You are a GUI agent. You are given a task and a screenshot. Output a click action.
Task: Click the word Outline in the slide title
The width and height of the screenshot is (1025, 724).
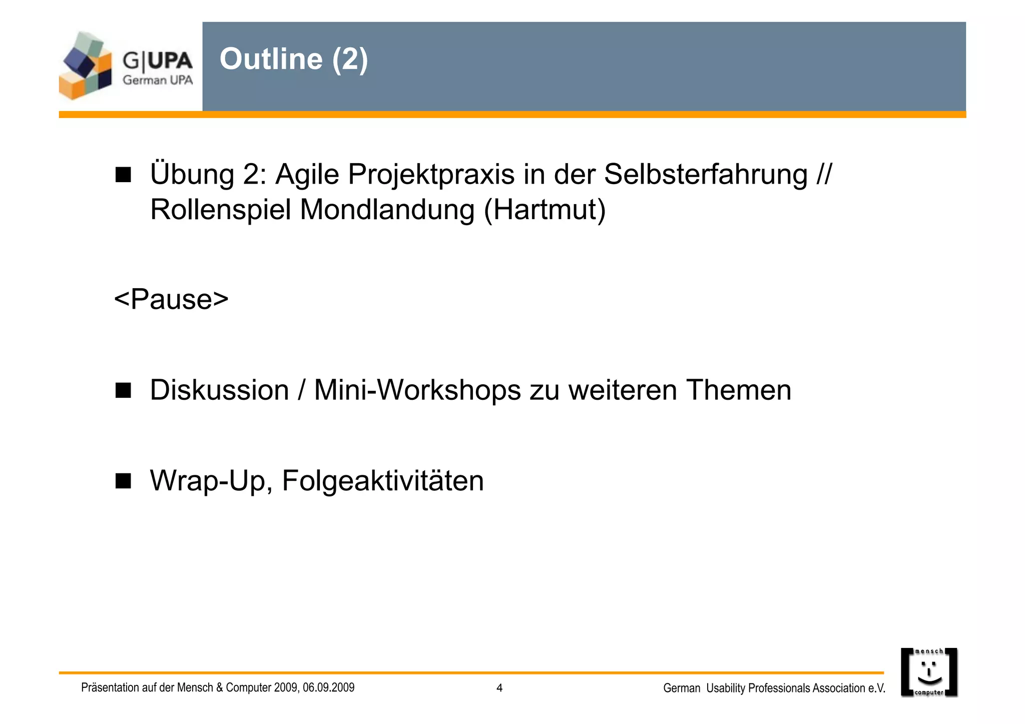pos(271,59)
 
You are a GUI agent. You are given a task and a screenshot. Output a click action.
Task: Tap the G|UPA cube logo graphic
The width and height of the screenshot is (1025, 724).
pos(86,66)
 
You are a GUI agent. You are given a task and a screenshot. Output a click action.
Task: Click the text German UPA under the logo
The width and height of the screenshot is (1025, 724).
pos(158,80)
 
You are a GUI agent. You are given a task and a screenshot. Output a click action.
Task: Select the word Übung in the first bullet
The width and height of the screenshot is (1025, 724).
pos(192,175)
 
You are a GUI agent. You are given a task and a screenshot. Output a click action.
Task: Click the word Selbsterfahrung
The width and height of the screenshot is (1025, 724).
pos(706,175)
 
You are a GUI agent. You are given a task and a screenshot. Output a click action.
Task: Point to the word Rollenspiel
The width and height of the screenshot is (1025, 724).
pos(220,210)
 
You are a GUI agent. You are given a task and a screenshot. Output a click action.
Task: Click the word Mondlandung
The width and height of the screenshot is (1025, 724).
pos(387,210)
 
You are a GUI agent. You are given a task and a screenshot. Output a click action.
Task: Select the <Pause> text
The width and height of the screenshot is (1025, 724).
pos(171,299)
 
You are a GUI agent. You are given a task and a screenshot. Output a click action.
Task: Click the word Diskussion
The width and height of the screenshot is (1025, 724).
pos(219,390)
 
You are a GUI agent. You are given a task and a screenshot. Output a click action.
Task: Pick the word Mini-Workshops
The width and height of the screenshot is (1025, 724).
pos(417,390)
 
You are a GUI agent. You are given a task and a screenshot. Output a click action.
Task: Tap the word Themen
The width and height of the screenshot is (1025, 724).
pos(739,390)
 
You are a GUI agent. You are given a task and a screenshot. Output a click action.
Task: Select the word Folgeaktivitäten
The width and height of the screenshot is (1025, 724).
pos(383,480)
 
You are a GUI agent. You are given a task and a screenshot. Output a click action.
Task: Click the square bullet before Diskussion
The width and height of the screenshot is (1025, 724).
pos(123,390)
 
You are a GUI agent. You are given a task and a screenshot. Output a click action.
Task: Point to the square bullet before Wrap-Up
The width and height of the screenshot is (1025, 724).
pos(123,481)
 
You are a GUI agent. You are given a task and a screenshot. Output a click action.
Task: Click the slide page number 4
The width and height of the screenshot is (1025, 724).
pos(499,688)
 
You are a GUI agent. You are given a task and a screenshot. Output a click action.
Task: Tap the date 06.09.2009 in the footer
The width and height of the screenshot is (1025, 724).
pos(328,687)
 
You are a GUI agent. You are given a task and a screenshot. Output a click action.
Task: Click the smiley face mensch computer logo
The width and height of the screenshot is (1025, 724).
pos(929,672)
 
